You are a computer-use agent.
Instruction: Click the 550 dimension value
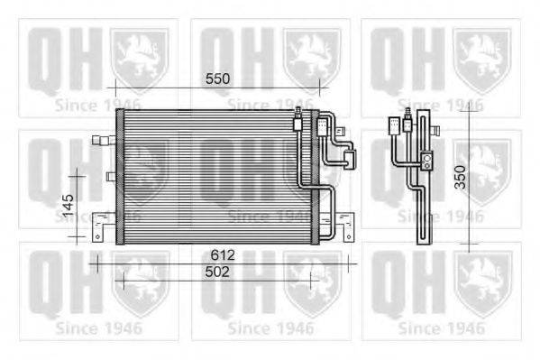tap(217, 79)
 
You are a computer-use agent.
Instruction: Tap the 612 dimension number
tap(223, 255)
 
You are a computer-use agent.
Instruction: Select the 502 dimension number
tap(217, 272)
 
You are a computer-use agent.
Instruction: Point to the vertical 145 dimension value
tap(69, 205)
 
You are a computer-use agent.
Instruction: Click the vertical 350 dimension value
tap(460, 177)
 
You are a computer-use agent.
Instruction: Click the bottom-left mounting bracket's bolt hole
tap(97, 237)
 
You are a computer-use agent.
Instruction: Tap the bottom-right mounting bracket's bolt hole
tap(349, 237)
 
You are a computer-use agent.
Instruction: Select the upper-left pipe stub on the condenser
tap(104, 140)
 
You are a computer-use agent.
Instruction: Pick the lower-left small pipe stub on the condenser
tap(111, 177)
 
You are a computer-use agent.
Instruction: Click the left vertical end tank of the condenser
tap(120, 177)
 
